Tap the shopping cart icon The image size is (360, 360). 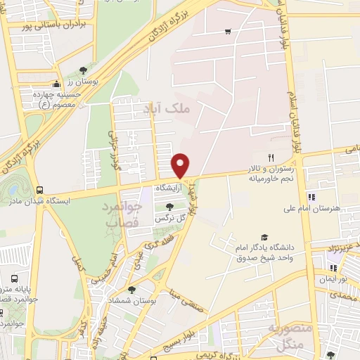tap(228, 32)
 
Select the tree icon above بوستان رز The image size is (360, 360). tap(84, 70)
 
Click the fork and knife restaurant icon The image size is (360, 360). tap(270, 157)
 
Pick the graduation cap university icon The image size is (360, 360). tap(264, 237)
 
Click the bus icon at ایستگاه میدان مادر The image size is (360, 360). tap(39, 190)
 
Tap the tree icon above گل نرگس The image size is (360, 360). tap(169, 206)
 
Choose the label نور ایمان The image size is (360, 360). tap(336, 279)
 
